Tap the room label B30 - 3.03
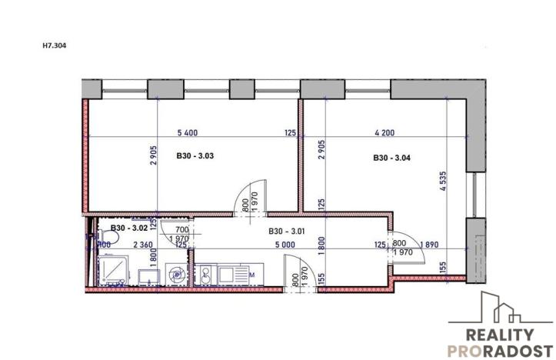(194, 157)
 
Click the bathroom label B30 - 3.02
(128, 228)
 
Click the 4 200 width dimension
(385, 132)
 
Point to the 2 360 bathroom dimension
(144, 245)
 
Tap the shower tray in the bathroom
(115, 271)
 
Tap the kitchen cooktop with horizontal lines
(231, 274)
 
